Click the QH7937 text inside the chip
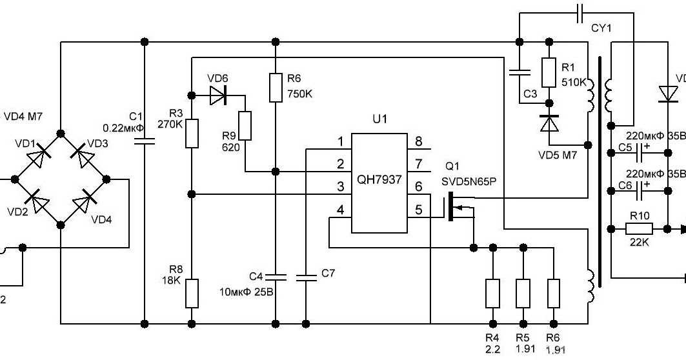[378, 181]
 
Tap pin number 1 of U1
[340, 142]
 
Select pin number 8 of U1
[418, 142]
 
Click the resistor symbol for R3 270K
[191, 134]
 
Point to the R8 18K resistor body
[191, 293]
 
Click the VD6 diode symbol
[217, 97]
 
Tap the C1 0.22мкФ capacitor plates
[144, 141]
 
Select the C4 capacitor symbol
[276, 277]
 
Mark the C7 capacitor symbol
[307, 277]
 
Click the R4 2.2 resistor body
[492, 293]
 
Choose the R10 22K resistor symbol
[640, 228]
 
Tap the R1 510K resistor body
[549, 72]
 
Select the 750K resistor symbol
[276, 88]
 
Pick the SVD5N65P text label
[469, 183]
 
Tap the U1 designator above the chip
[379, 120]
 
